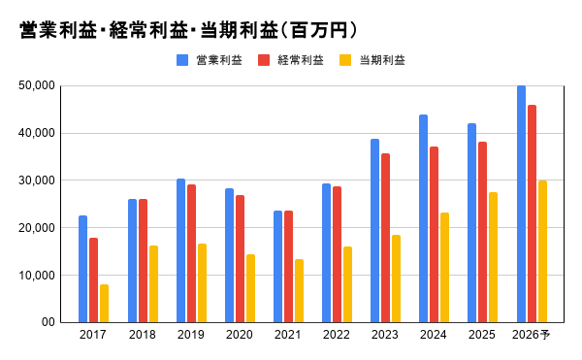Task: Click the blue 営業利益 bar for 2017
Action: pyautogui.click(x=82, y=269)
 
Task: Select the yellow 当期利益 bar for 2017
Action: pyautogui.click(x=105, y=303)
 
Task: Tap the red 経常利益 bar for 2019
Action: pyautogui.click(x=191, y=253)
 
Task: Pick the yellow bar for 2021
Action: pyautogui.click(x=299, y=290)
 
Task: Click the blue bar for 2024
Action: pyautogui.click(x=424, y=218)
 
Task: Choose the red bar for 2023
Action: pyautogui.click(x=386, y=238)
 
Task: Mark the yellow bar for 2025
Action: pyautogui.click(x=494, y=257)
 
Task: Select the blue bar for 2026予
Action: pyautogui.click(x=521, y=204)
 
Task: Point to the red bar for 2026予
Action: pyautogui.click(x=532, y=213)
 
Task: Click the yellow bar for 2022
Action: pyautogui.click(x=348, y=284)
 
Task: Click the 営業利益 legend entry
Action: pyautogui.click(x=210, y=60)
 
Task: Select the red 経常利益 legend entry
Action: pyautogui.click(x=291, y=60)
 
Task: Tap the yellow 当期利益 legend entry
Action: pyautogui.click(x=372, y=60)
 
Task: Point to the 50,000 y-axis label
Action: pyautogui.click(x=37, y=85)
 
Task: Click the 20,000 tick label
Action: pyautogui.click(x=37, y=228)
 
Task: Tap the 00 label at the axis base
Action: pyautogui.click(x=48, y=322)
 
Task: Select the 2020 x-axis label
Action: pyautogui.click(x=240, y=335)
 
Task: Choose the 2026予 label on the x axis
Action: pyautogui.click(x=532, y=335)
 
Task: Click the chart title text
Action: pyautogui.click(x=188, y=30)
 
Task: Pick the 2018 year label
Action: pyautogui.click(x=143, y=335)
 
